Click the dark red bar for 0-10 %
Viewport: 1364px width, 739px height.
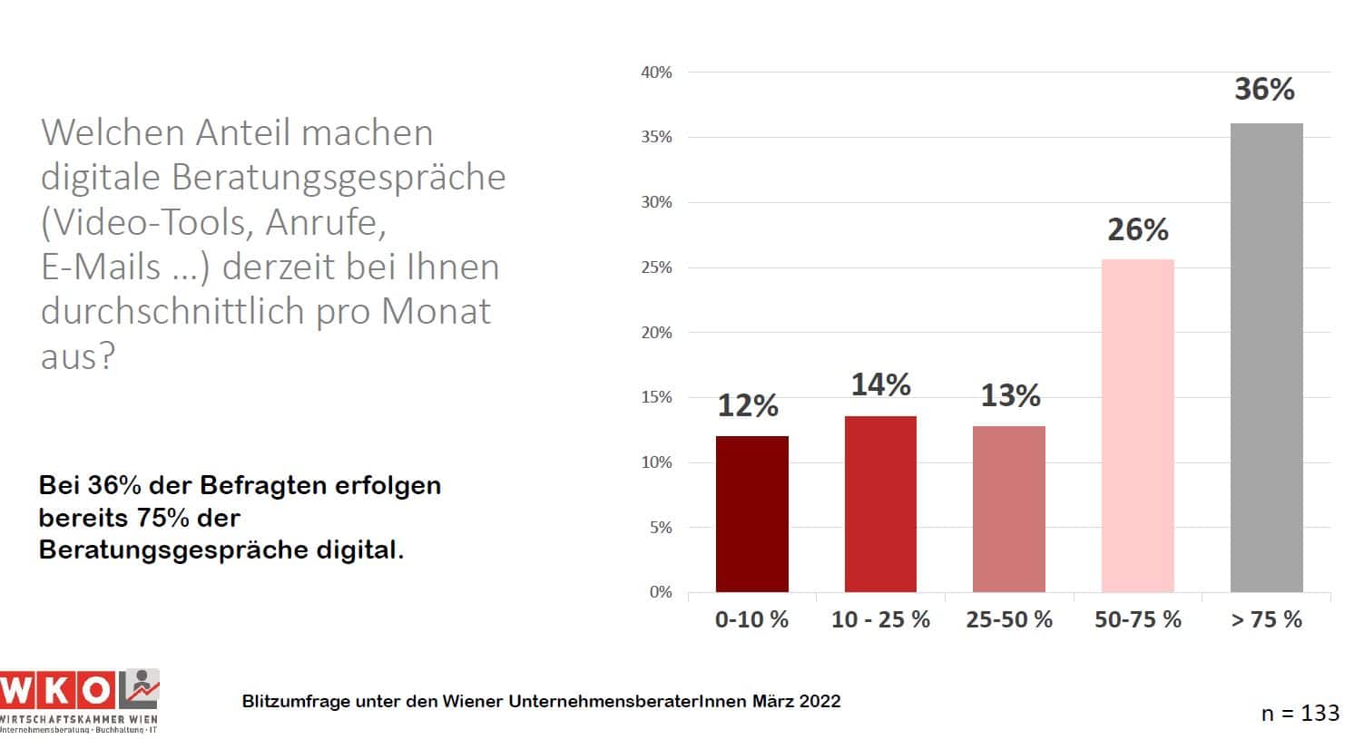(x=751, y=514)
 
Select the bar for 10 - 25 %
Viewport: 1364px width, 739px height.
(x=880, y=504)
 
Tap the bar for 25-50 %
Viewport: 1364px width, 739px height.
(x=1008, y=509)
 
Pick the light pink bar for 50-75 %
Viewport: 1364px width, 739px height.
(x=1137, y=426)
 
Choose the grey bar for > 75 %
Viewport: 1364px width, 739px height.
(x=1266, y=358)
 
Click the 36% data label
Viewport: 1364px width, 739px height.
(x=1264, y=89)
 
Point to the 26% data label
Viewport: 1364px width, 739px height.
(x=1137, y=229)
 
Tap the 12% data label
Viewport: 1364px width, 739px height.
(x=748, y=405)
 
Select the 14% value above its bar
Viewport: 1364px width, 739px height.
(x=880, y=384)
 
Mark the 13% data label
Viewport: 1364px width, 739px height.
(x=1010, y=395)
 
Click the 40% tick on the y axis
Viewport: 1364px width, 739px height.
(x=656, y=73)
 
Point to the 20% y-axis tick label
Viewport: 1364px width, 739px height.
(x=656, y=333)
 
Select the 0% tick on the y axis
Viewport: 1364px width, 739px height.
(x=661, y=592)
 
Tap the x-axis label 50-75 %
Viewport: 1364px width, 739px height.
(x=1138, y=619)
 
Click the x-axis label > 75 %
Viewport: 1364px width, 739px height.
(x=1266, y=619)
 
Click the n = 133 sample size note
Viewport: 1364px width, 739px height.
(x=1300, y=714)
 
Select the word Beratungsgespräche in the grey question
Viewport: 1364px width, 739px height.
(x=338, y=177)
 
